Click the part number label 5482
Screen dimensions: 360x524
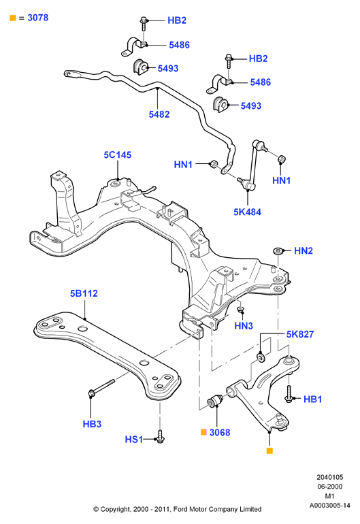[159, 114]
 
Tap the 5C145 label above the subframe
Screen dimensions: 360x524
[118, 154]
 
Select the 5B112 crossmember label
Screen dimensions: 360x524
[84, 293]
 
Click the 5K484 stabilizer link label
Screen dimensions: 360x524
[247, 212]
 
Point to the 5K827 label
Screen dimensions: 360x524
[300, 334]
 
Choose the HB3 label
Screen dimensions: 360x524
[92, 424]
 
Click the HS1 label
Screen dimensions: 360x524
[133, 439]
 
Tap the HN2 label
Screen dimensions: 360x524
[304, 250]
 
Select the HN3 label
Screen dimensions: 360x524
[244, 326]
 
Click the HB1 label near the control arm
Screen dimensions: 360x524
[312, 399]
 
